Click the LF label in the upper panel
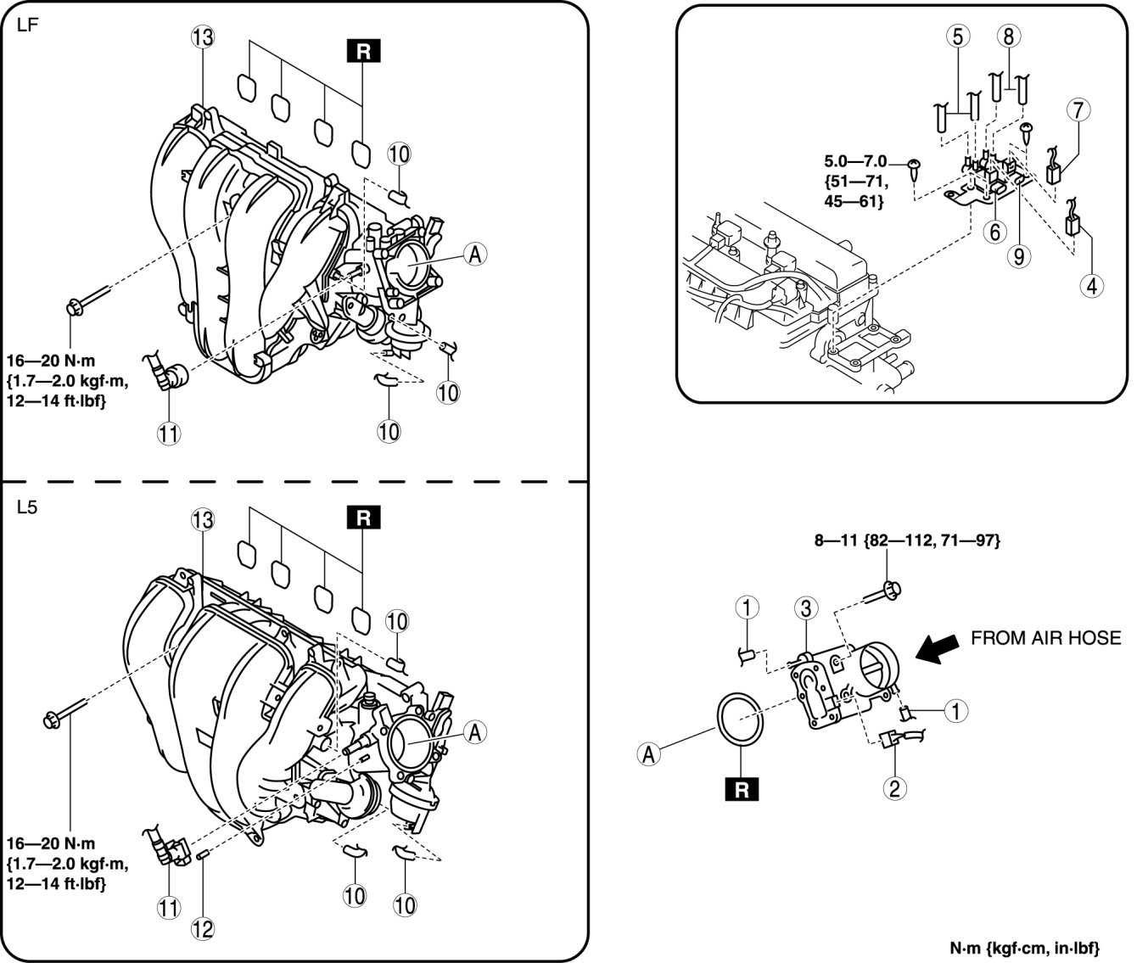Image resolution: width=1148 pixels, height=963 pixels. pos(27,25)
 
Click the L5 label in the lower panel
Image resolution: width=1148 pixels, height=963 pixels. pos(27,507)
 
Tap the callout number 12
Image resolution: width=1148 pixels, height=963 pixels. pos(202,929)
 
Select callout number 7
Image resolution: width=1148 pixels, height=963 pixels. pos(1078,109)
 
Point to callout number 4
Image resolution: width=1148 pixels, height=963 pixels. pos(1092,285)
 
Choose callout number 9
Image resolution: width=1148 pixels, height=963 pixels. pos(1019,256)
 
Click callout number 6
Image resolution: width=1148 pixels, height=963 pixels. pos(994,232)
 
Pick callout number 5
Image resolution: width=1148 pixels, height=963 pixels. pos(958,36)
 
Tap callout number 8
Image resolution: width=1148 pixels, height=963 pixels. pos(1008,36)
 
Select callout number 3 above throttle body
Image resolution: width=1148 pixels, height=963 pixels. pos(806,608)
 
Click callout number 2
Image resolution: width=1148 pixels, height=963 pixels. pos(894,789)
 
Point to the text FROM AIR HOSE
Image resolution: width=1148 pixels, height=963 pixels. pos(1045,638)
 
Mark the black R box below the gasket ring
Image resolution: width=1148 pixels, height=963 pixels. pos(742,790)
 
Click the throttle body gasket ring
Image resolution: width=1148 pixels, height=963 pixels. pos(741,721)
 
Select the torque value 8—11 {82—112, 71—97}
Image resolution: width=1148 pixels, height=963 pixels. pos(907,540)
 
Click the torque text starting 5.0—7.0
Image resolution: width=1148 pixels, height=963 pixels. pos(855,182)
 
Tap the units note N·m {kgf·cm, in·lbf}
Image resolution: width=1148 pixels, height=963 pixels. pos(1025,948)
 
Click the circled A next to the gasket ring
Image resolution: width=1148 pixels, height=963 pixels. pos(649,754)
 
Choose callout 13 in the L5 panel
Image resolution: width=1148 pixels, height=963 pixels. pos(202,520)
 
